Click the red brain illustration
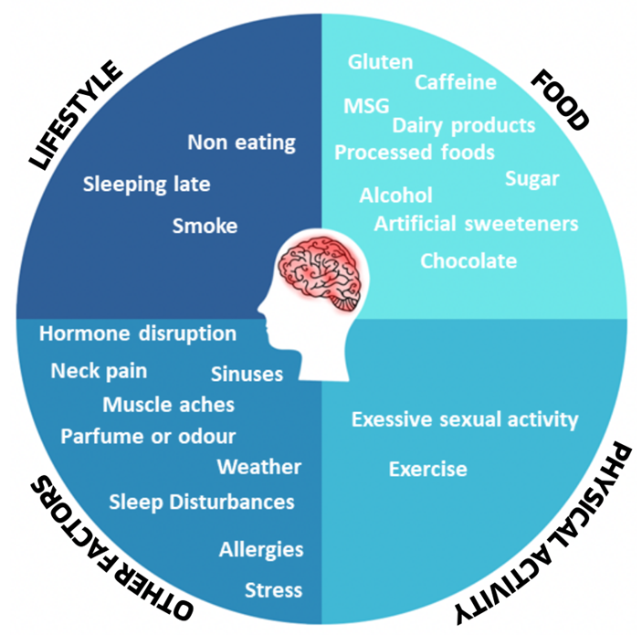tap(321, 275)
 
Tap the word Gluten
tap(381, 62)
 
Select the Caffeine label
tap(456, 82)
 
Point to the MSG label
tap(366, 106)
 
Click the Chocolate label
tap(468, 261)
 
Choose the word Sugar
tap(532, 179)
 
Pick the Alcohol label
tap(396, 196)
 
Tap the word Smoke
tap(205, 227)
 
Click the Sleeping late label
tap(147, 185)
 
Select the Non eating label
tap(242, 143)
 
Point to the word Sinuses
tap(247, 374)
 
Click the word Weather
tap(259, 467)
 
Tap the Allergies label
tap(261, 550)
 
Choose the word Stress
tap(273, 590)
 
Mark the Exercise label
tap(428, 469)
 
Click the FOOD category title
tap(561, 100)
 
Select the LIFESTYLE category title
tap(76, 115)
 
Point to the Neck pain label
tap(99, 371)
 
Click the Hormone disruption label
tap(138, 333)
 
